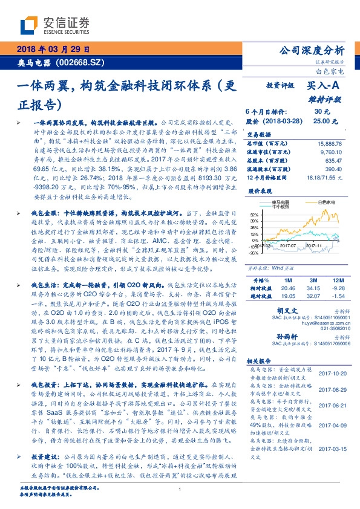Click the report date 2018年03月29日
click(x=51, y=50)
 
